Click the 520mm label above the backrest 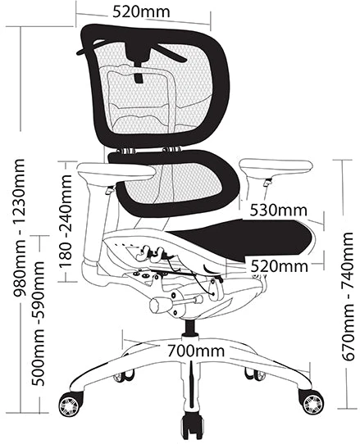click(x=141, y=11)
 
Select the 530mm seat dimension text click(x=278, y=211)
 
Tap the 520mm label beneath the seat click(x=279, y=266)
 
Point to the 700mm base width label click(x=196, y=351)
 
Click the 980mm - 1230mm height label click(x=20, y=228)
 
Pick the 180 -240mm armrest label click(x=66, y=221)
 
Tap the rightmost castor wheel click(x=312, y=401)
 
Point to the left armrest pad click(x=116, y=171)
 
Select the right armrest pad click(x=276, y=167)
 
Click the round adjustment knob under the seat click(x=158, y=304)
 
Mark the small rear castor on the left click(x=124, y=376)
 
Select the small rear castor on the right click(x=255, y=374)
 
